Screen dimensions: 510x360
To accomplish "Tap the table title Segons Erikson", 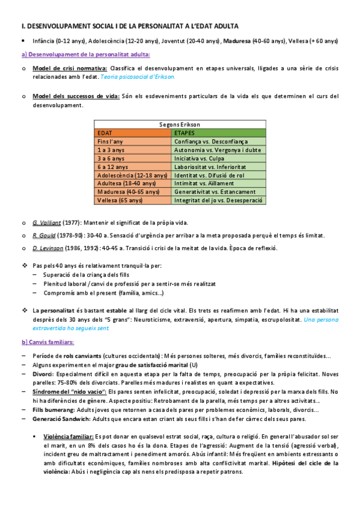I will click(180, 124).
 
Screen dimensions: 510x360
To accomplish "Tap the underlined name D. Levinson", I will click(46, 247).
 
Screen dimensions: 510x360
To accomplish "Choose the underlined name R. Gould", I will click(43, 235).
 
